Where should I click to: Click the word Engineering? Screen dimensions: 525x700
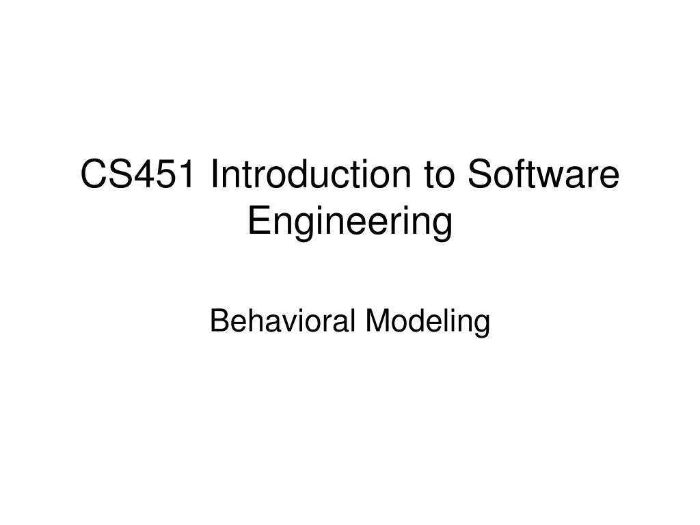point(350,222)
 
